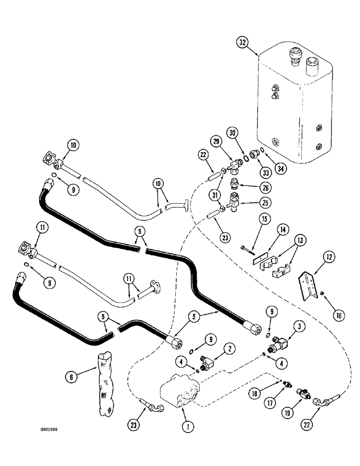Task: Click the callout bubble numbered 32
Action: tap(242, 42)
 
